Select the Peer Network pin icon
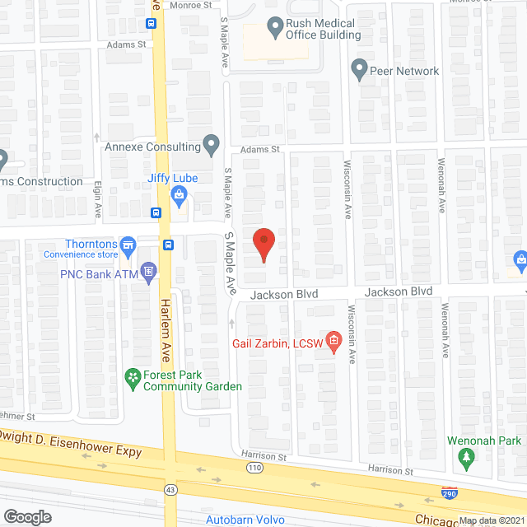coord(358,69)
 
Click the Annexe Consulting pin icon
coord(212,147)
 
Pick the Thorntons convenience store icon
coord(128,245)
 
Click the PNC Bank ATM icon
coord(148,270)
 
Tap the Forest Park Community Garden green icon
coord(132,377)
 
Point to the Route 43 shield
coord(170,489)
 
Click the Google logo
coord(27,516)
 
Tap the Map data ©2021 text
coord(492,520)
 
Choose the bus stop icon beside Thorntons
coord(169,244)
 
